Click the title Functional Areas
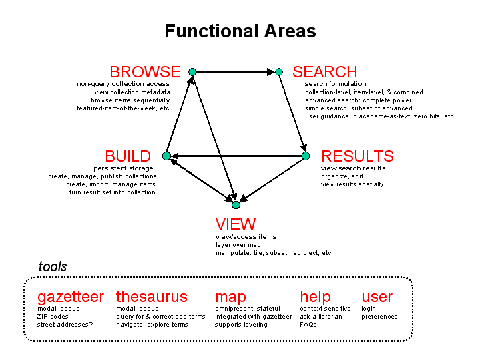tap(240, 31)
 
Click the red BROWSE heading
tap(145, 72)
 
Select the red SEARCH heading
tap(324, 72)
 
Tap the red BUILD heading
tap(128, 156)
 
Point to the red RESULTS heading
tap(357, 156)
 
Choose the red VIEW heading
tap(235, 224)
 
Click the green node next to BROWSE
tap(192, 71)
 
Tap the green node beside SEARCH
tap(279, 71)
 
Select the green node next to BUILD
tap(166, 156)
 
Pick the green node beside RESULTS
tap(306, 156)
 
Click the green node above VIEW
tap(236, 204)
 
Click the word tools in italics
tap(53, 267)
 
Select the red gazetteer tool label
tap(71, 297)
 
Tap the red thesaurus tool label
tap(152, 297)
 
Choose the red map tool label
tap(230, 297)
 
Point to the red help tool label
tap(315, 297)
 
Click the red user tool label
tap(377, 297)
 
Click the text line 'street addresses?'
tap(65, 325)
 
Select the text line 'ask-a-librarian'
tap(320, 317)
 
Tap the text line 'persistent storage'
tap(123, 168)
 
